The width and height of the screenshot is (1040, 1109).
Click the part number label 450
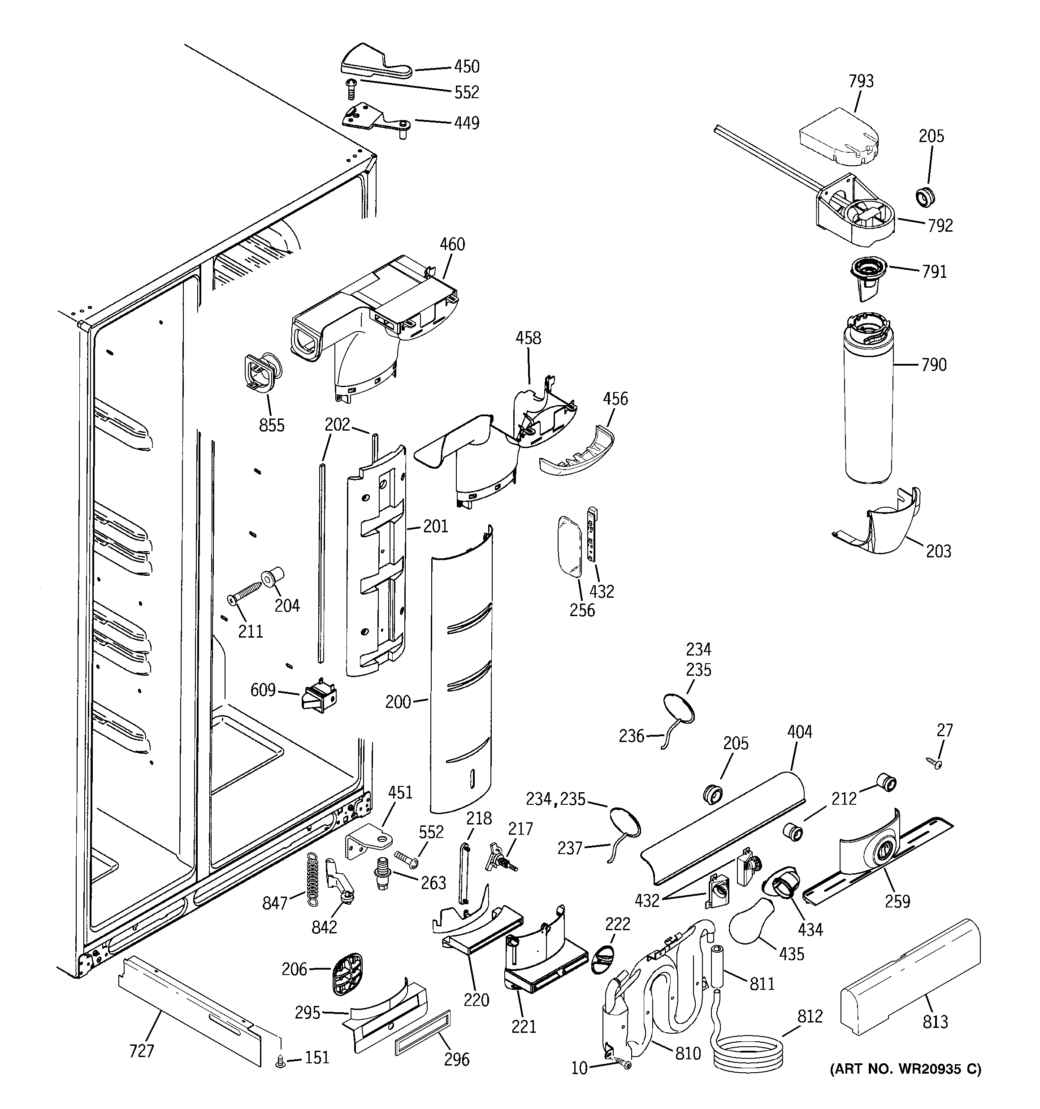[466, 66]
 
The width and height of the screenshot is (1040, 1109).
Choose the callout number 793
[861, 82]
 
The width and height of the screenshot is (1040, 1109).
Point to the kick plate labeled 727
[190, 1010]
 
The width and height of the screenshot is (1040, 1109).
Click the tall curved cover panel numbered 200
[462, 669]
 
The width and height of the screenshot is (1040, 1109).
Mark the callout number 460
[452, 244]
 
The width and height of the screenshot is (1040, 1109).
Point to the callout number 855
[272, 425]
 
